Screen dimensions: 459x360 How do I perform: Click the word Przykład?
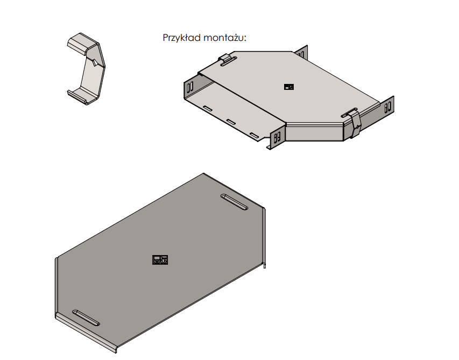[181, 38]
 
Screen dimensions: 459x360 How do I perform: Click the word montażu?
[224, 38]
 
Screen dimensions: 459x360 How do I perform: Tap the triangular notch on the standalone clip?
[95, 62]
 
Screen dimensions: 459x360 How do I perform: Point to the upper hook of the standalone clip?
[82, 43]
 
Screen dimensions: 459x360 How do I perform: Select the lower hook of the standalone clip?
[79, 96]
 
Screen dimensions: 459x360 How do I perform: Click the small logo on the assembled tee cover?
[289, 87]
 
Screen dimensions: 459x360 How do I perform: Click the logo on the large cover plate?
[160, 260]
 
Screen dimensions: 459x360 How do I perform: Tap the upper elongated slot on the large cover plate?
[234, 202]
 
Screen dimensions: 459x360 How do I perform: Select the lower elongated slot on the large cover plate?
[86, 318]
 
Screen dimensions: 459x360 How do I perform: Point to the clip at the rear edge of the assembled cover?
[228, 59]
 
